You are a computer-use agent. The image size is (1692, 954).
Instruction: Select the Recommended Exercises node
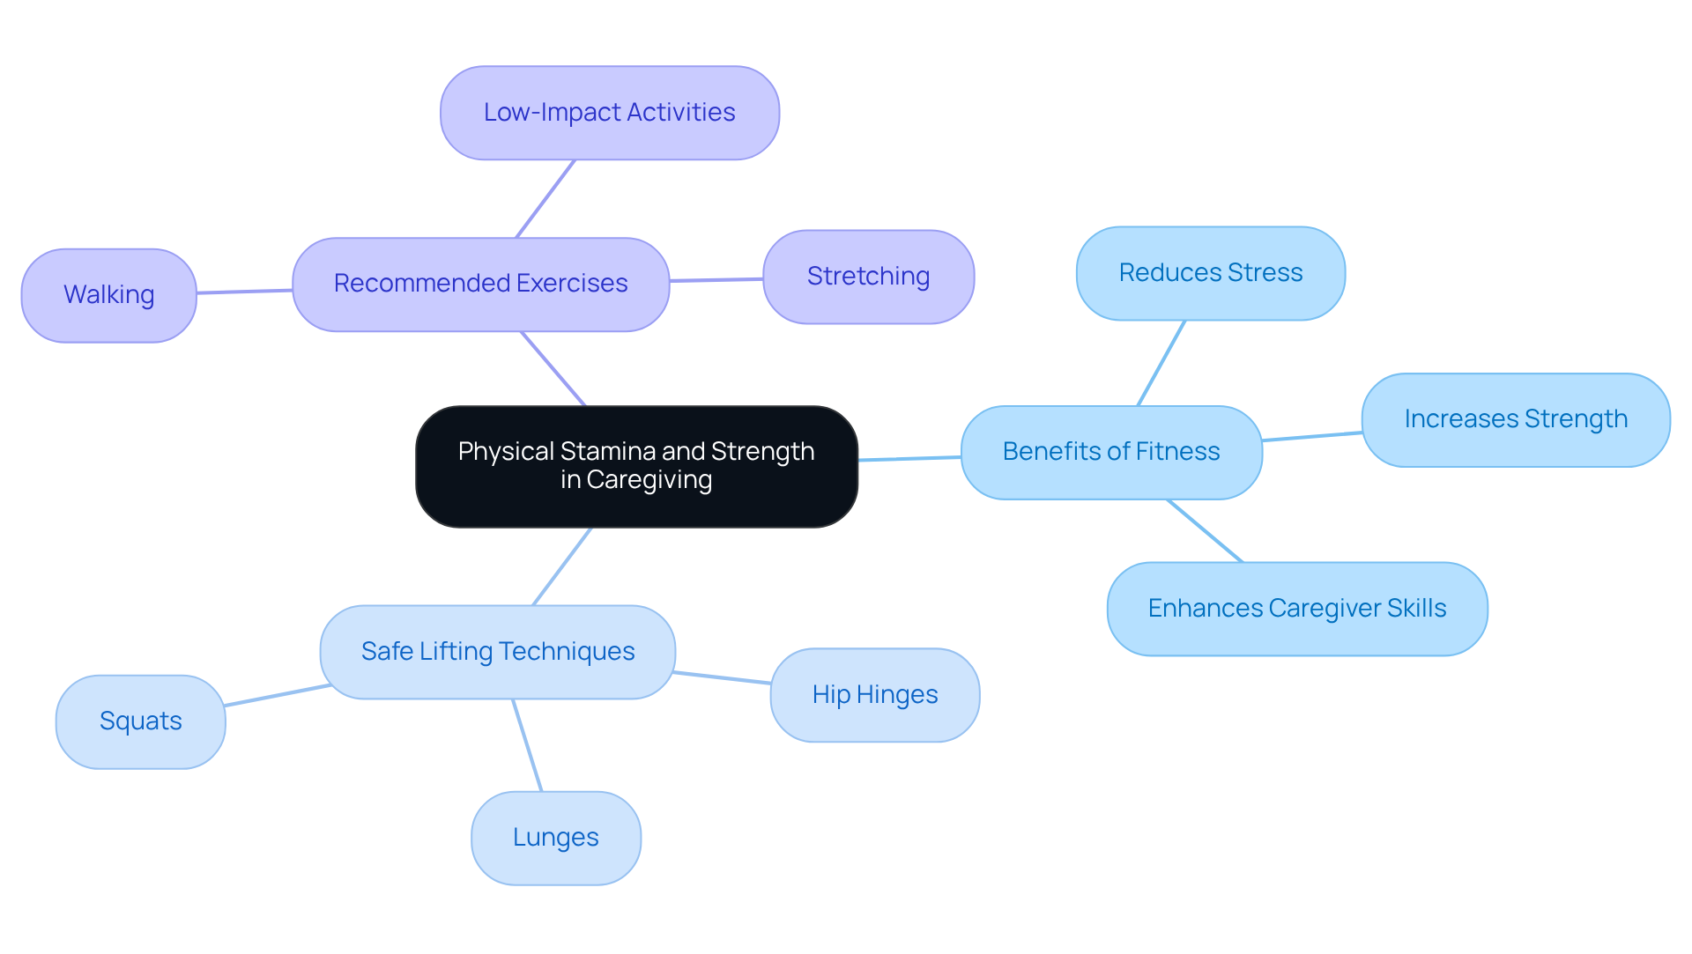(480, 284)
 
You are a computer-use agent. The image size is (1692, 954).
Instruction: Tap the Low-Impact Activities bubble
(609, 113)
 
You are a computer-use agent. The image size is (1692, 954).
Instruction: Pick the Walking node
(108, 295)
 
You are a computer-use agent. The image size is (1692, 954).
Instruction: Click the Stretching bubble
(868, 277)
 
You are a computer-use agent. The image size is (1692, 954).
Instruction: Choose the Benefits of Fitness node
(1110, 452)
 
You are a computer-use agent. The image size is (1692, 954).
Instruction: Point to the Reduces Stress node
(1210, 273)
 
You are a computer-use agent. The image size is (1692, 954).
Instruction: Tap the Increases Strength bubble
(1515, 419)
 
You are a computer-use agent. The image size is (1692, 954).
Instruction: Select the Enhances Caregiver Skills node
(1296, 609)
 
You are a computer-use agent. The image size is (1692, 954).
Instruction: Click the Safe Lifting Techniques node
(497, 652)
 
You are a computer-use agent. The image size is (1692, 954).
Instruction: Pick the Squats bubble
(140, 721)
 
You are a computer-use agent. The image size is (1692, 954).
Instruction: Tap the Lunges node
(555, 838)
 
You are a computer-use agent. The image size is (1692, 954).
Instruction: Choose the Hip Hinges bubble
(874, 695)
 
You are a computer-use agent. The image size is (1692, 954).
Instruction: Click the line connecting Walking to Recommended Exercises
(244, 292)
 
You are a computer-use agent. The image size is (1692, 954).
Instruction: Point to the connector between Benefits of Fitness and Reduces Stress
(1161, 363)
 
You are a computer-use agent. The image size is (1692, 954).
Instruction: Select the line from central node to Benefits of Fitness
(909, 458)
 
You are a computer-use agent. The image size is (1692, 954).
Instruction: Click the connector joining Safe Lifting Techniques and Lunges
(527, 745)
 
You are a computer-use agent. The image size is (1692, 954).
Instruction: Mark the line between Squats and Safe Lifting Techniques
(277, 695)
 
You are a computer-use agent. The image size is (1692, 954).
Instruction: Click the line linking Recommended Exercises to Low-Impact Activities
(545, 199)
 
